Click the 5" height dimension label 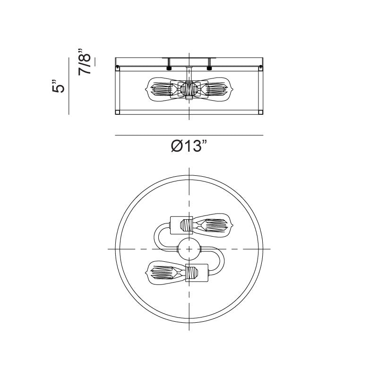pyautogui.click(x=59, y=86)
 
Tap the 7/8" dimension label pyautogui.click(x=85, y=62)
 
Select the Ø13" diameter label pyautogui.click(x=189, y=146)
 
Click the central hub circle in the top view pyautogui.click(x=189, y=249)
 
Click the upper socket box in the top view pyautogui.click(x=181, y=225)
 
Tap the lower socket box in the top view pyautogui.click(x=197, y=273)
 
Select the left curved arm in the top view pyautogui.click(x=157, y=238)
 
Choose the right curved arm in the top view pyautogui.click(x=221, y=260)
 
